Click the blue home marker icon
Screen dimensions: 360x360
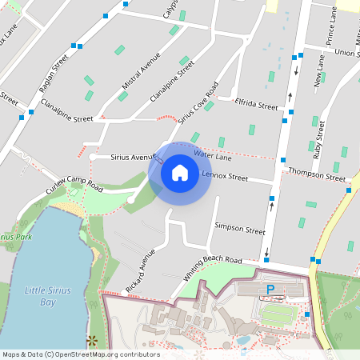179,172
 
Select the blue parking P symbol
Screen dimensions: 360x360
270,289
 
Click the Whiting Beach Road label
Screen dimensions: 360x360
211,268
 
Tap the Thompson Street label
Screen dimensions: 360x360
316,173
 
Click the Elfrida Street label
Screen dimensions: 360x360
256,105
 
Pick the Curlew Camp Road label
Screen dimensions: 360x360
74,183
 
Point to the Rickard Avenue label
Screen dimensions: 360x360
141,271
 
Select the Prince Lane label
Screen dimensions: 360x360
328,28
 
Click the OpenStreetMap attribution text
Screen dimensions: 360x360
80,354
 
